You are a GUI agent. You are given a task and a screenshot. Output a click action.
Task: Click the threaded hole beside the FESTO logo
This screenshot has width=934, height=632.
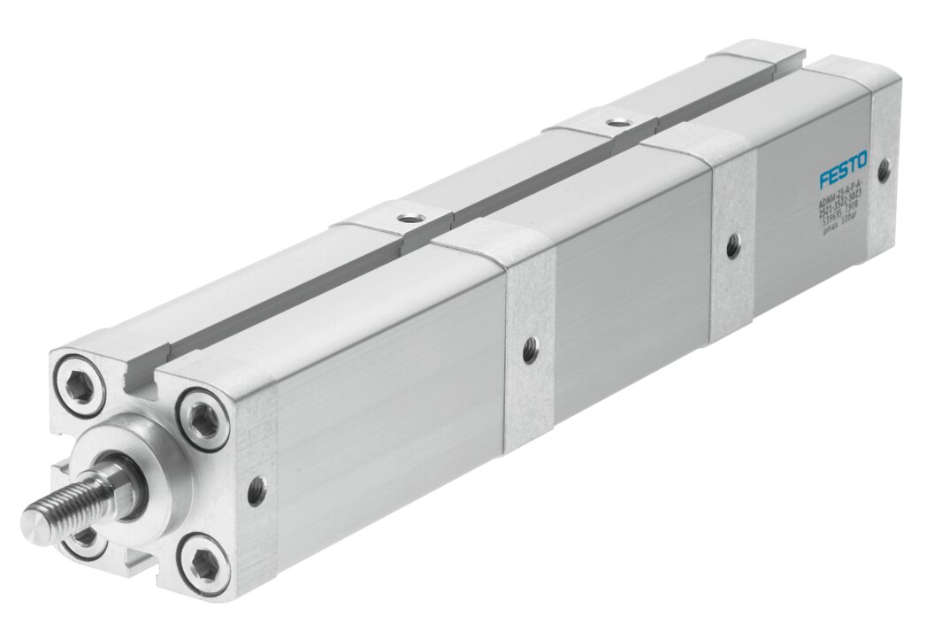[x=883, y=166]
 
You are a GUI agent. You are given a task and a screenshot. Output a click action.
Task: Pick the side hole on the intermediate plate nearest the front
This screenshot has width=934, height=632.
[x=530, y=351]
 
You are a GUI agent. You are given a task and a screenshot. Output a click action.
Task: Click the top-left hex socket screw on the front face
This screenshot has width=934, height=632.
[x=83, y=386]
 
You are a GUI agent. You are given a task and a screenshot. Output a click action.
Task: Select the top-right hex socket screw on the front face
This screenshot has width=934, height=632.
[x=203, y=419]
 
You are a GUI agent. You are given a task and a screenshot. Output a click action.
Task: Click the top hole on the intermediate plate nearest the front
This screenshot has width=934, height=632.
[x=407, y=216]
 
